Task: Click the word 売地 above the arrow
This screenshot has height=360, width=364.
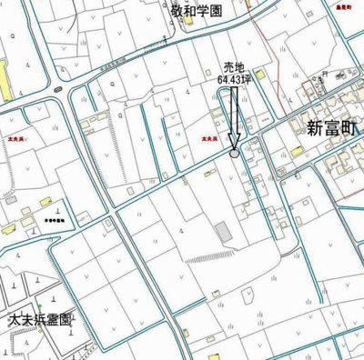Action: pos(235,66)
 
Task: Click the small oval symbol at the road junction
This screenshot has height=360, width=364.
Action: pos(57,88)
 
